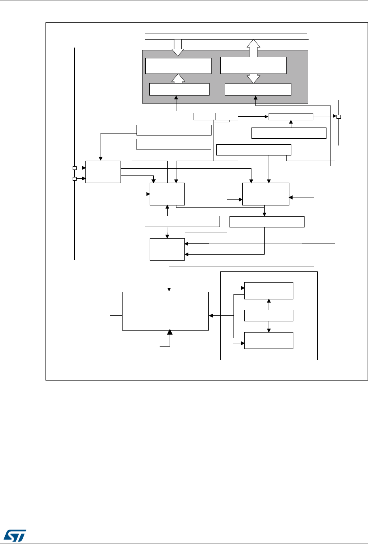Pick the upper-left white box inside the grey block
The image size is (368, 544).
click(x=178, y=66)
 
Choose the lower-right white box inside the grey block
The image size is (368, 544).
click(x=258, y=89)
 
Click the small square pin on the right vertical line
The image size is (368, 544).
click(x=338, y=117)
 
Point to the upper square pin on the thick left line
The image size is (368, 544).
click(x=74, y=168)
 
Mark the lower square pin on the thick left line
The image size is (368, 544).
click(x=74, y=179)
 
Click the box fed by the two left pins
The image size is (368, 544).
click(x=103, y=171)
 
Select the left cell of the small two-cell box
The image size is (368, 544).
click(x=204, y=116)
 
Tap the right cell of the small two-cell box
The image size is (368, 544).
click(x=227, y=116)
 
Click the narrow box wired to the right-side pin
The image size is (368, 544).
click(x=291, y=116)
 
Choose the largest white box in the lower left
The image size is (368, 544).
click(x=165, y=311)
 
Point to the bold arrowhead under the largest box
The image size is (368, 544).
click(x=170, y=333)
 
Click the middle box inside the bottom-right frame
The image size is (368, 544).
click(x=269, y=315)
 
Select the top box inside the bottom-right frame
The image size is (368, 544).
click(x=269, y=291)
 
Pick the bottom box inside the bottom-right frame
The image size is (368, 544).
click(x=269, y=340)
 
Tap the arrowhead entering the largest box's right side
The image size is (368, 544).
click(x=211, y=316)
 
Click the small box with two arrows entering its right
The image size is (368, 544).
click(x=167, y=249)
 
